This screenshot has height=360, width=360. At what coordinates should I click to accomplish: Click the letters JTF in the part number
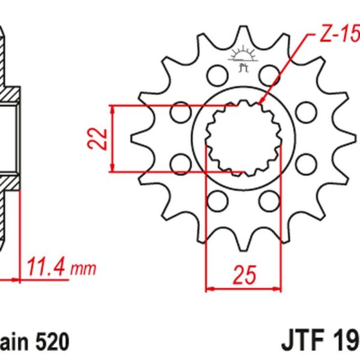pyautogui.click(x=300, y=342)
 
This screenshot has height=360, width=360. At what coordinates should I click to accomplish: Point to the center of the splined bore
pyautogui.click(x=243, y=137)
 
